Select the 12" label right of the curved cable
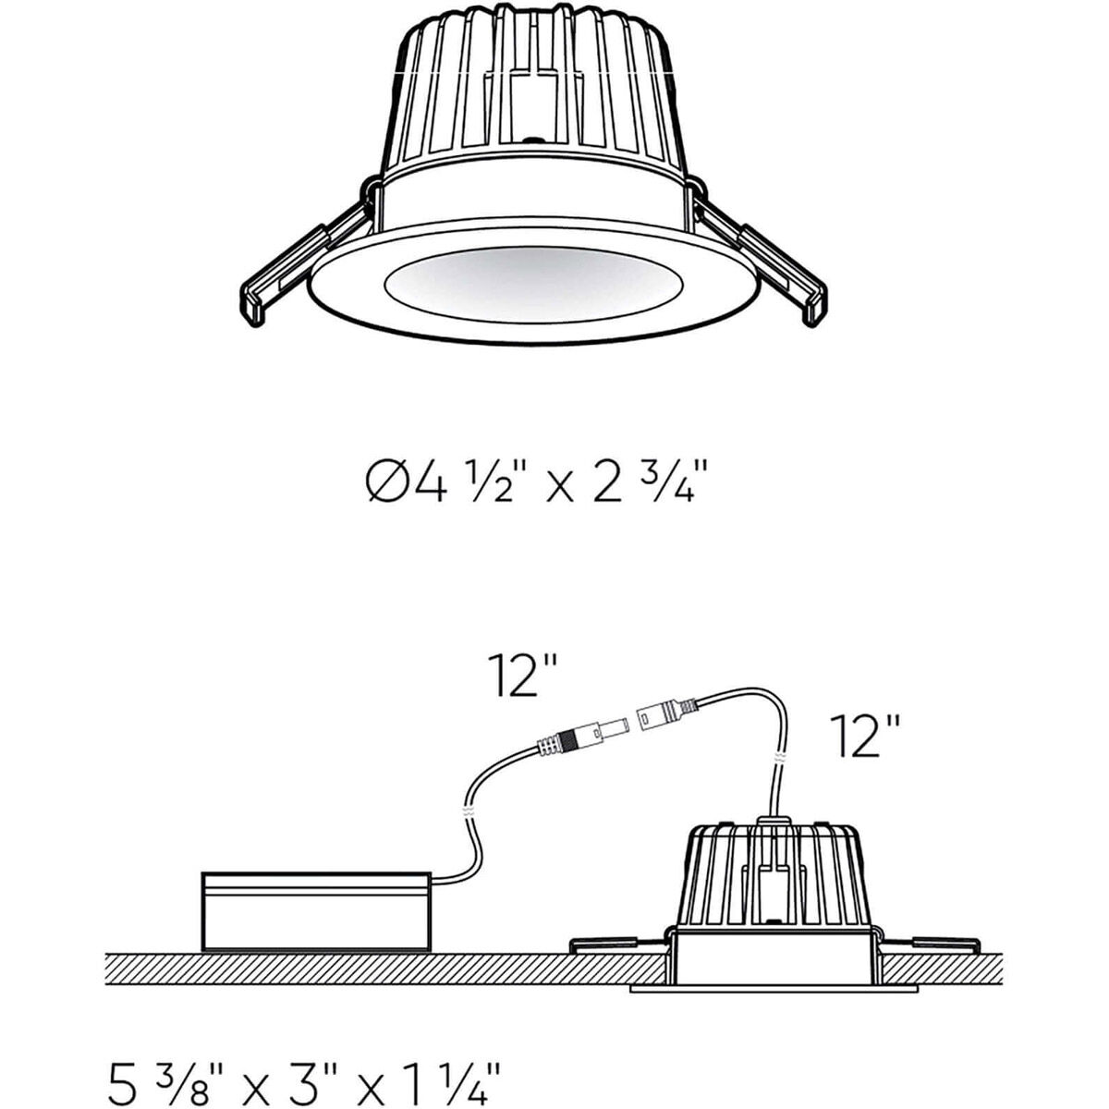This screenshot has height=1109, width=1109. [864, 736]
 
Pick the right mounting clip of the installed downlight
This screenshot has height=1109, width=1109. [929, 944]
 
